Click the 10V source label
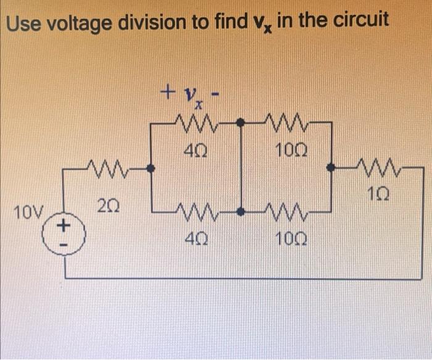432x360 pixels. point(28,214)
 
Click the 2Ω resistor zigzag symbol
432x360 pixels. point(106,166)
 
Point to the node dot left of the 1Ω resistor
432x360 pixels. point(332,167)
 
